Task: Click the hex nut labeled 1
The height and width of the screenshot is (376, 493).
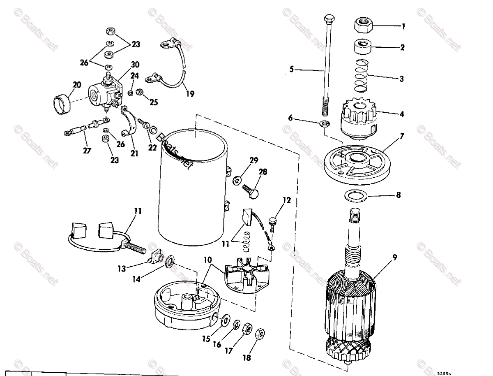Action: point(364,27)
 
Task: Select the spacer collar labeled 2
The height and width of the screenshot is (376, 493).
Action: point(364,45)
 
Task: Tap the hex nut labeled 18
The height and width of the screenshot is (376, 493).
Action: point(260,334)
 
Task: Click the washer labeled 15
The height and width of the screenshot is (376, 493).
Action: point(225,321)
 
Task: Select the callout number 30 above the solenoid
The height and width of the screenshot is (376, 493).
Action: point(135,65)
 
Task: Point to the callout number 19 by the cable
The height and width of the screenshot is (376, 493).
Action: point(189,94)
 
